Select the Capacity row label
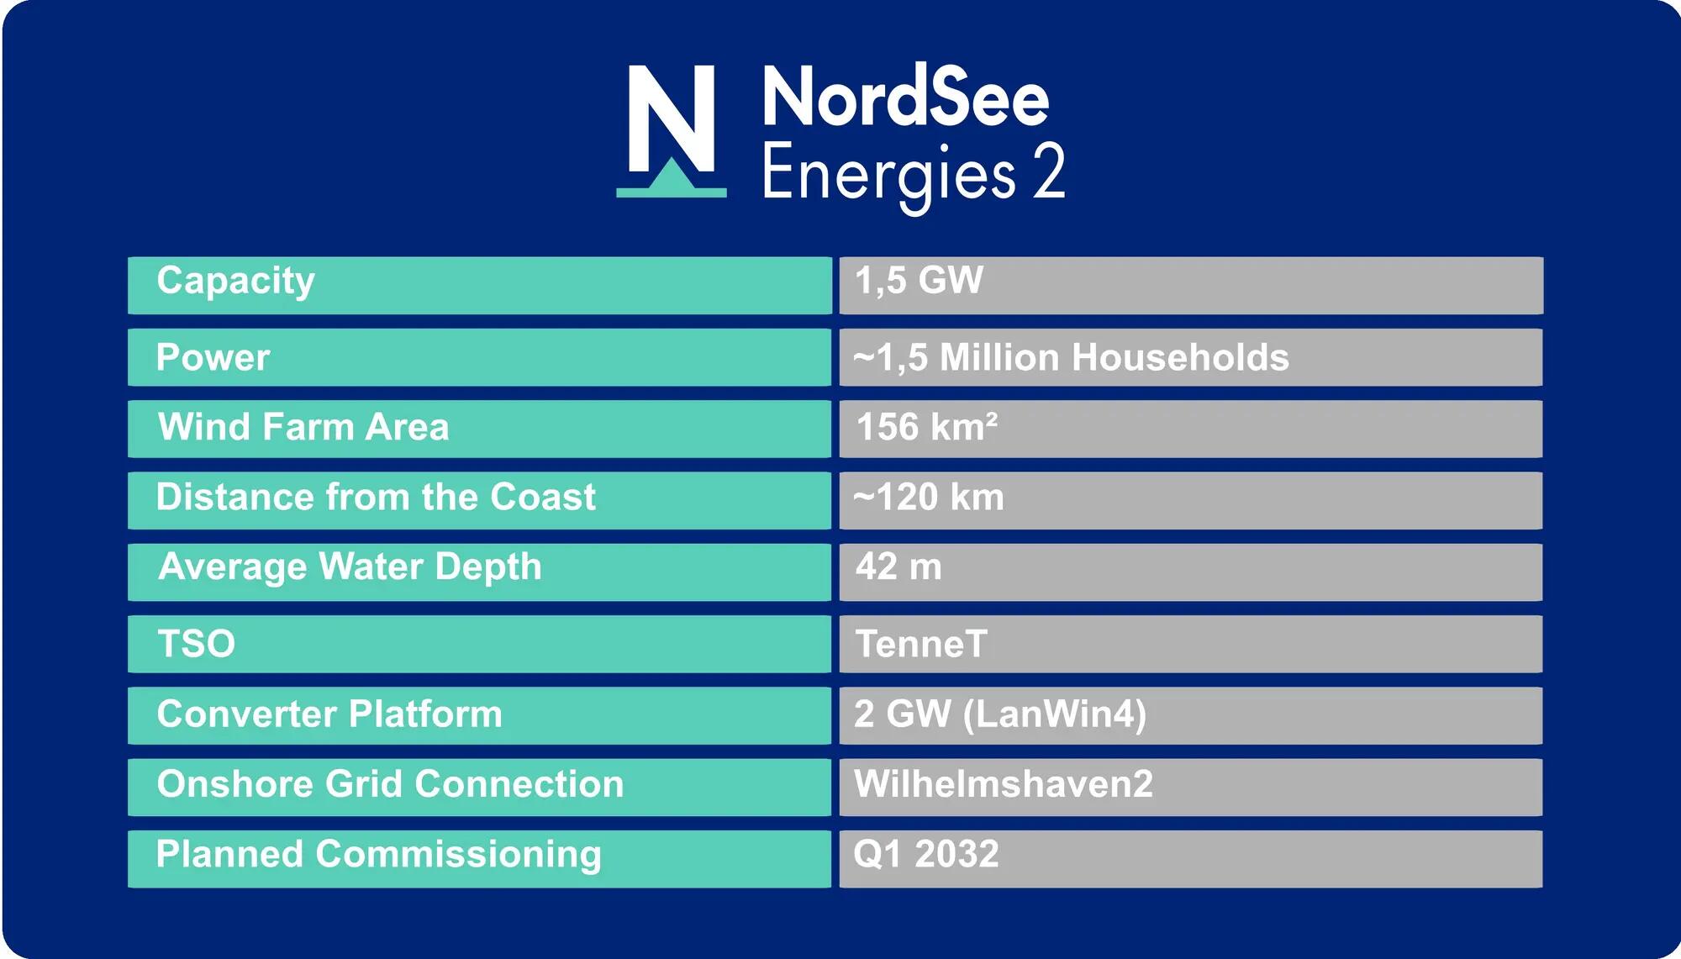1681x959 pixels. click(235, 282)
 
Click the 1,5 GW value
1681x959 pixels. click(919, 281)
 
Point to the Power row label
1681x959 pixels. click(213, 357)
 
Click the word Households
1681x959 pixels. click(1180, 357)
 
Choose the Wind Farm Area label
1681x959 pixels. click(303, 426)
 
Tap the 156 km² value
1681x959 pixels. click(927, 426)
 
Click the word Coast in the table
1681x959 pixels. click(543, 497)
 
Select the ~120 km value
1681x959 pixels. click(929, 497)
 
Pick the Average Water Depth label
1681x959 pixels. click(350, 567)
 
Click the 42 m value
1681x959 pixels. click(898, 566)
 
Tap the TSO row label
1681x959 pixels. click(197, 644)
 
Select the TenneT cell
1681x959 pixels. click(921, 644)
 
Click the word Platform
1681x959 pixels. click(425, 714)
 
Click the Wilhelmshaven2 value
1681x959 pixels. click(1004, 783)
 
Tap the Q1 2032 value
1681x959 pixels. click(926, 854)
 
